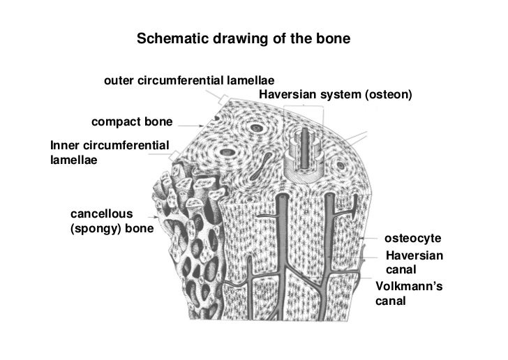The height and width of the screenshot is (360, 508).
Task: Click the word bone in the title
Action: pyautogui.click(x=338, y=38)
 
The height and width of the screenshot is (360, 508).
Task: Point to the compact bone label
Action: pyautogui.click(x=131, y=123)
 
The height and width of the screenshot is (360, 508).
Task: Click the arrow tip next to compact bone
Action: pyautogui.click(x=200, y=124)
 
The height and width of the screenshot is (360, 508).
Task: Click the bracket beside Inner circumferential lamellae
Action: pyautogui.click(x=176, y=154)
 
